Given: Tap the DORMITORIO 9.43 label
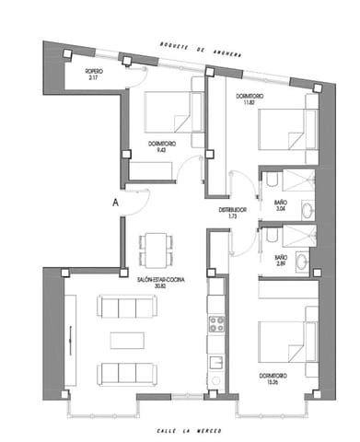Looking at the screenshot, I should point(163,145).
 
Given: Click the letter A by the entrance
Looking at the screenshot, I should point(114,201).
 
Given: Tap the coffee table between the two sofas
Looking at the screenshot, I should point(129,340).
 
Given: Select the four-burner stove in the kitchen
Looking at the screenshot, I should point(216,323).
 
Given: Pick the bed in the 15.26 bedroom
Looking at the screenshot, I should point(285,342).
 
